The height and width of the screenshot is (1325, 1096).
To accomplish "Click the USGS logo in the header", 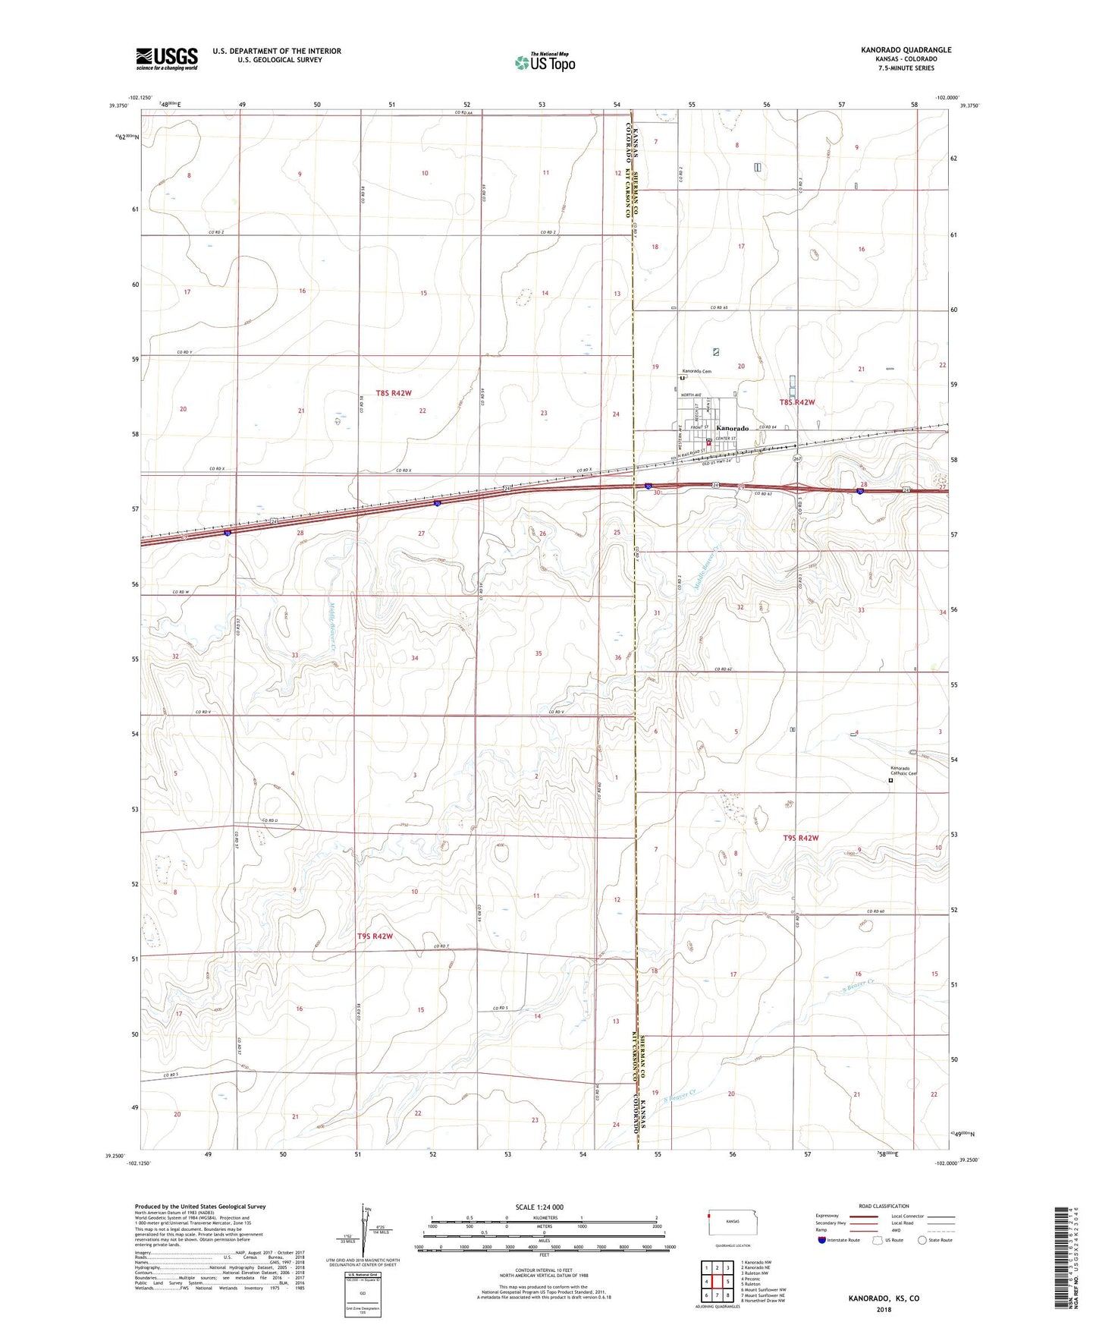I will coord(166,58).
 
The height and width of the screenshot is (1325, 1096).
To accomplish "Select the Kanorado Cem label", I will coord(696,371).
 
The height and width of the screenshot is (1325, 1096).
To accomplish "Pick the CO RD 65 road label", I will coord(719,307).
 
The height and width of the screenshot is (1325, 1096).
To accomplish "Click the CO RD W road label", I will coord(179,592).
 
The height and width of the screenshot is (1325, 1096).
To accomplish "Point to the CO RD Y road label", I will coord(184,352).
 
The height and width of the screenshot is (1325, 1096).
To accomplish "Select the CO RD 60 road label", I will coord(875,911).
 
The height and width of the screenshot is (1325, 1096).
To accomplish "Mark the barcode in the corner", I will coord(1063,1256).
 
